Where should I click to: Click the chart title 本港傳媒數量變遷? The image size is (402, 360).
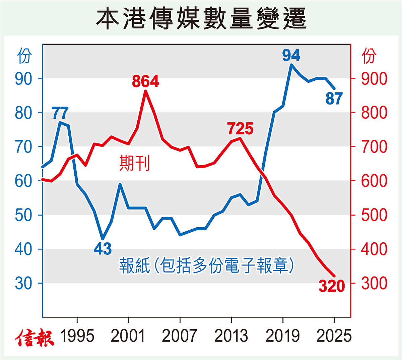[x=201, y=18]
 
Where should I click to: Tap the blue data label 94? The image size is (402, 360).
[x=291, y=55]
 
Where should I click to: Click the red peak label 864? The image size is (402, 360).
[x=145, y=81]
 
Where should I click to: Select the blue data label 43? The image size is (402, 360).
[x=103, y=249]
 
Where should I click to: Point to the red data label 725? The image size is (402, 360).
[x=240, y=128]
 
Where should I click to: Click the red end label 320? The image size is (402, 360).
[x=332, y=286]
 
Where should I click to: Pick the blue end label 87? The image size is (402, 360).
[x=334, y=98]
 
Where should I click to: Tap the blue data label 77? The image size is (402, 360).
[x=60, y=113]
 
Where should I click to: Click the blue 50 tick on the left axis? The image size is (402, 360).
[x=23, y=215]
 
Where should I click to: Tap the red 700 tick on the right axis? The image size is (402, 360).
[x=374, y=146]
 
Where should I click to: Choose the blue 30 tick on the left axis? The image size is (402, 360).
[x=23, y=283]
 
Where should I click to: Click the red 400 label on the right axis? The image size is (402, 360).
[x=374, y=249]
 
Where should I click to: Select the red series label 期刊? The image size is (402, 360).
[x=135, y=163]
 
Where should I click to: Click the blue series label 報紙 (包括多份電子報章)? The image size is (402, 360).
[x=206, y=265]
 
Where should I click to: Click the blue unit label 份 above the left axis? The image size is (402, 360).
[x=24, y=56]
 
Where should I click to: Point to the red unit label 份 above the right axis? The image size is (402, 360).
[x=369, y=56]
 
